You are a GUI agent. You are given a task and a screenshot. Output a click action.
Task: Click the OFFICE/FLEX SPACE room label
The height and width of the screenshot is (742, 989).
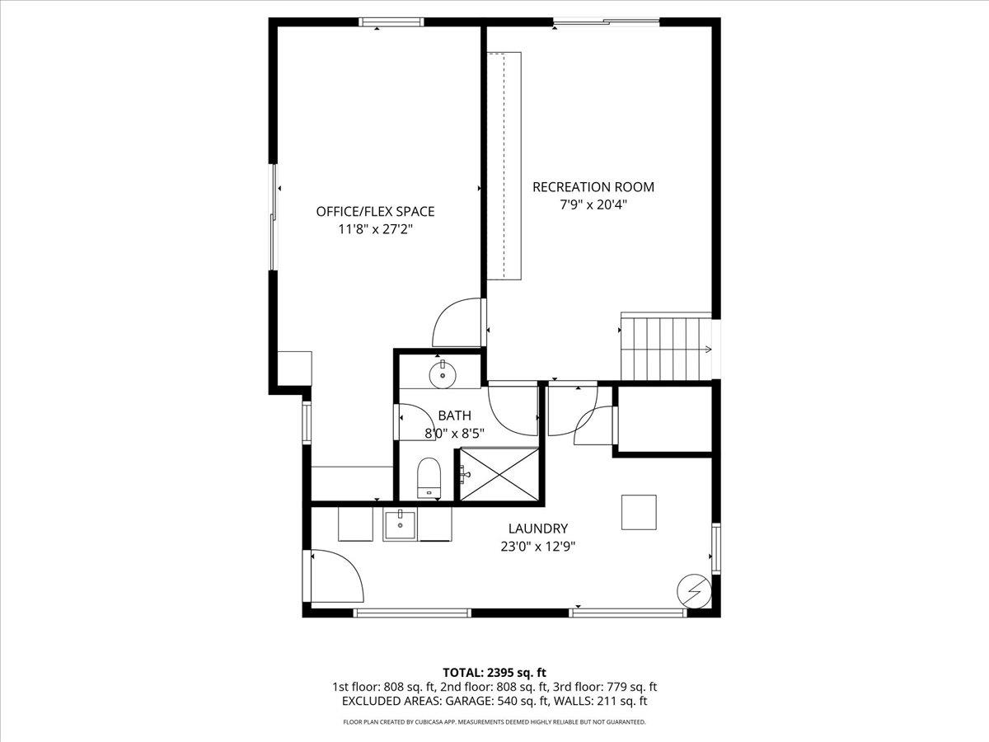pyautogui.click(x=375, y=211)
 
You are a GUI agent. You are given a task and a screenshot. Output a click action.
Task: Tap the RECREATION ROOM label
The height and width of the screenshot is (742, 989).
pyautogui.click(x=593, y=187)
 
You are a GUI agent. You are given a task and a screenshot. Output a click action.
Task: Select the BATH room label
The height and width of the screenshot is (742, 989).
pyautogui.click(x=454, y=416)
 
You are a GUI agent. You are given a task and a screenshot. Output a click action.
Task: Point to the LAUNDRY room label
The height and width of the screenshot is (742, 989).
pyautogui.click(x=538, y=528)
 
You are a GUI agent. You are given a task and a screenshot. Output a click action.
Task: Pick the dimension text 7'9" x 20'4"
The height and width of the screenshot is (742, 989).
pyautogui.click(x=593, y=204)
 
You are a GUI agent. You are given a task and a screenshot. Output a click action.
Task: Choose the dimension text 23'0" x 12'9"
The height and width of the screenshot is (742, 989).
pyautogui.click(x=538, y=546)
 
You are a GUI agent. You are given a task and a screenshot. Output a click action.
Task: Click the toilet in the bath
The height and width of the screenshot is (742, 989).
pyautogui.click(x=429, y=478)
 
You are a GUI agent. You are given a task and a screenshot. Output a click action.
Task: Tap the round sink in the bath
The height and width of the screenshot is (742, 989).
pyautogui.click(x=443, y=373)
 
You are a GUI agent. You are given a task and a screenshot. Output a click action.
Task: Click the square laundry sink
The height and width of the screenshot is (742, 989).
pyautogui.click(x=401, y=524)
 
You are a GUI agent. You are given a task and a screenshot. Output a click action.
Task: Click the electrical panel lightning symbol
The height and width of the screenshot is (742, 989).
pyautogui.click(x=692, y=590)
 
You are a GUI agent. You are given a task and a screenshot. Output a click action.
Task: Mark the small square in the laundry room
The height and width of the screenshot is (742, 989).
pyautogui.click(x=639, y=512)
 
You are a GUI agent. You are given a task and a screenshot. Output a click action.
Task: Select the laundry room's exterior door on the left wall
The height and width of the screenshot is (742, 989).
pyautogui.click(x=335, y=577)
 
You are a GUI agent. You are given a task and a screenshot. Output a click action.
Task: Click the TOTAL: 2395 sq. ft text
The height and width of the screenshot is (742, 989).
pyautogui.click(x=494, y=671)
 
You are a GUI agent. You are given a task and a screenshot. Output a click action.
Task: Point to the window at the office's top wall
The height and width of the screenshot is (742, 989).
pyautogui.click(x=391, y=22)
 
